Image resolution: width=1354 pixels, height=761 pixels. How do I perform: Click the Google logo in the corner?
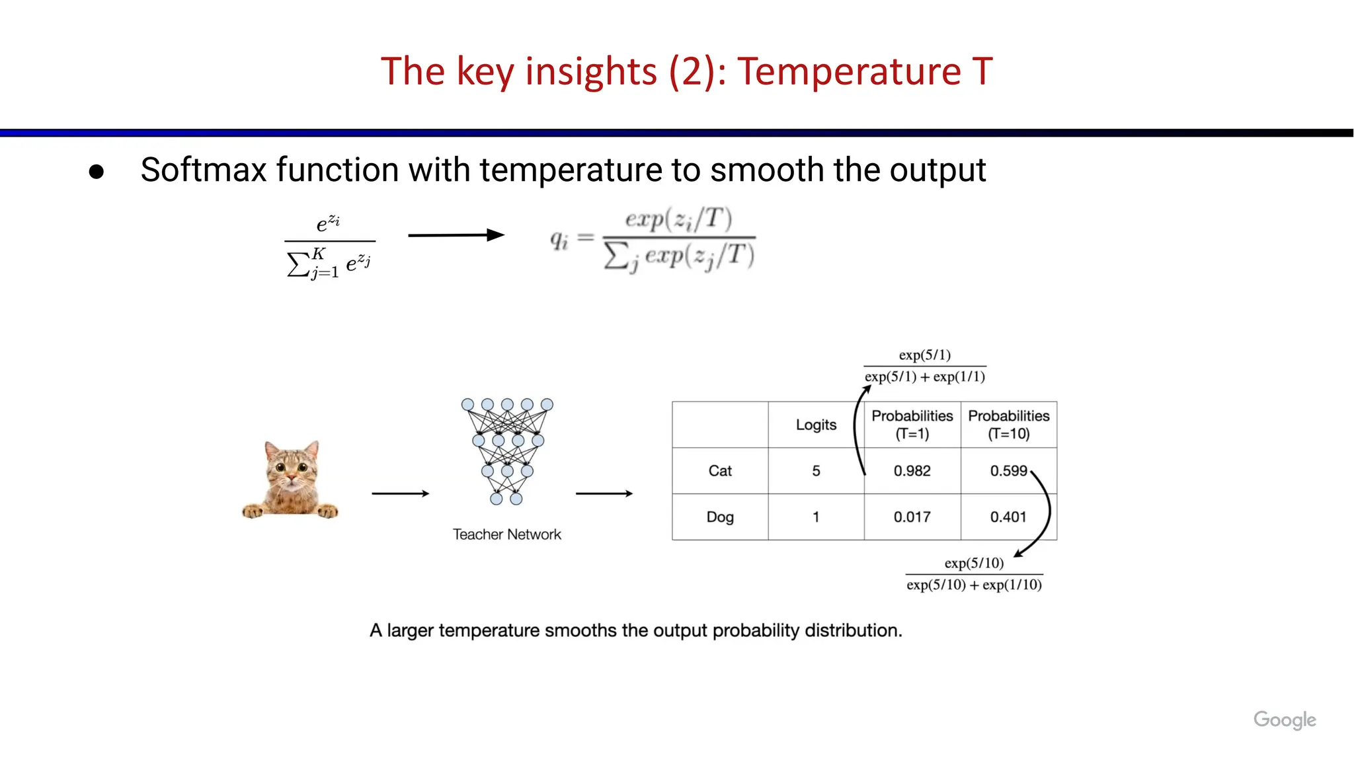(1284, 719)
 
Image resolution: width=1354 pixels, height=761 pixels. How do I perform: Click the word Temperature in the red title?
(849, 71)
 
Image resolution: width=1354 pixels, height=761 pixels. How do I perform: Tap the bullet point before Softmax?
(97, 172)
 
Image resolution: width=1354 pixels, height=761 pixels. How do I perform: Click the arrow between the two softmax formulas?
(456, 235)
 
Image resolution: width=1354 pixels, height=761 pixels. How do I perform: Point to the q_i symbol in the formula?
(559, 240)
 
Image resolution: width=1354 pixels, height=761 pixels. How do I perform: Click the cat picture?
(290, 479)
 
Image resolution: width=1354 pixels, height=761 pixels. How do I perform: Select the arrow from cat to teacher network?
(400, 493)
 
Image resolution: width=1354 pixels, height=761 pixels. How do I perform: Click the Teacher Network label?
(506, 534)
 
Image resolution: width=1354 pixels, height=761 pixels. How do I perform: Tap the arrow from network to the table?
(604, 493)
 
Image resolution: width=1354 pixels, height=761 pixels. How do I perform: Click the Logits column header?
(816, 425)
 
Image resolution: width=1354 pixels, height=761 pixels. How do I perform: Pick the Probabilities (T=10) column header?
(1008, 425)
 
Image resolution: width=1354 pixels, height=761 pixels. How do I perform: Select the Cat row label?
(720, 471)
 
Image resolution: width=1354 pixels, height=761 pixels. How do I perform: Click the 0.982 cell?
(912, 471)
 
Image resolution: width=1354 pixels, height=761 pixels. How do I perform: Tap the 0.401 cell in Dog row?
(1008, 517)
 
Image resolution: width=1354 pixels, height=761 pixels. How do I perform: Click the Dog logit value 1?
(816, 517)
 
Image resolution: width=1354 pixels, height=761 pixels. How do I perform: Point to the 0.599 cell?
(1008, 471)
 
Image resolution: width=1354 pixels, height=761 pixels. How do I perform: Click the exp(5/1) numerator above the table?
(924, 355)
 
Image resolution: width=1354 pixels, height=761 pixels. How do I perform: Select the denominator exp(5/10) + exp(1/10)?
(974, 585)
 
